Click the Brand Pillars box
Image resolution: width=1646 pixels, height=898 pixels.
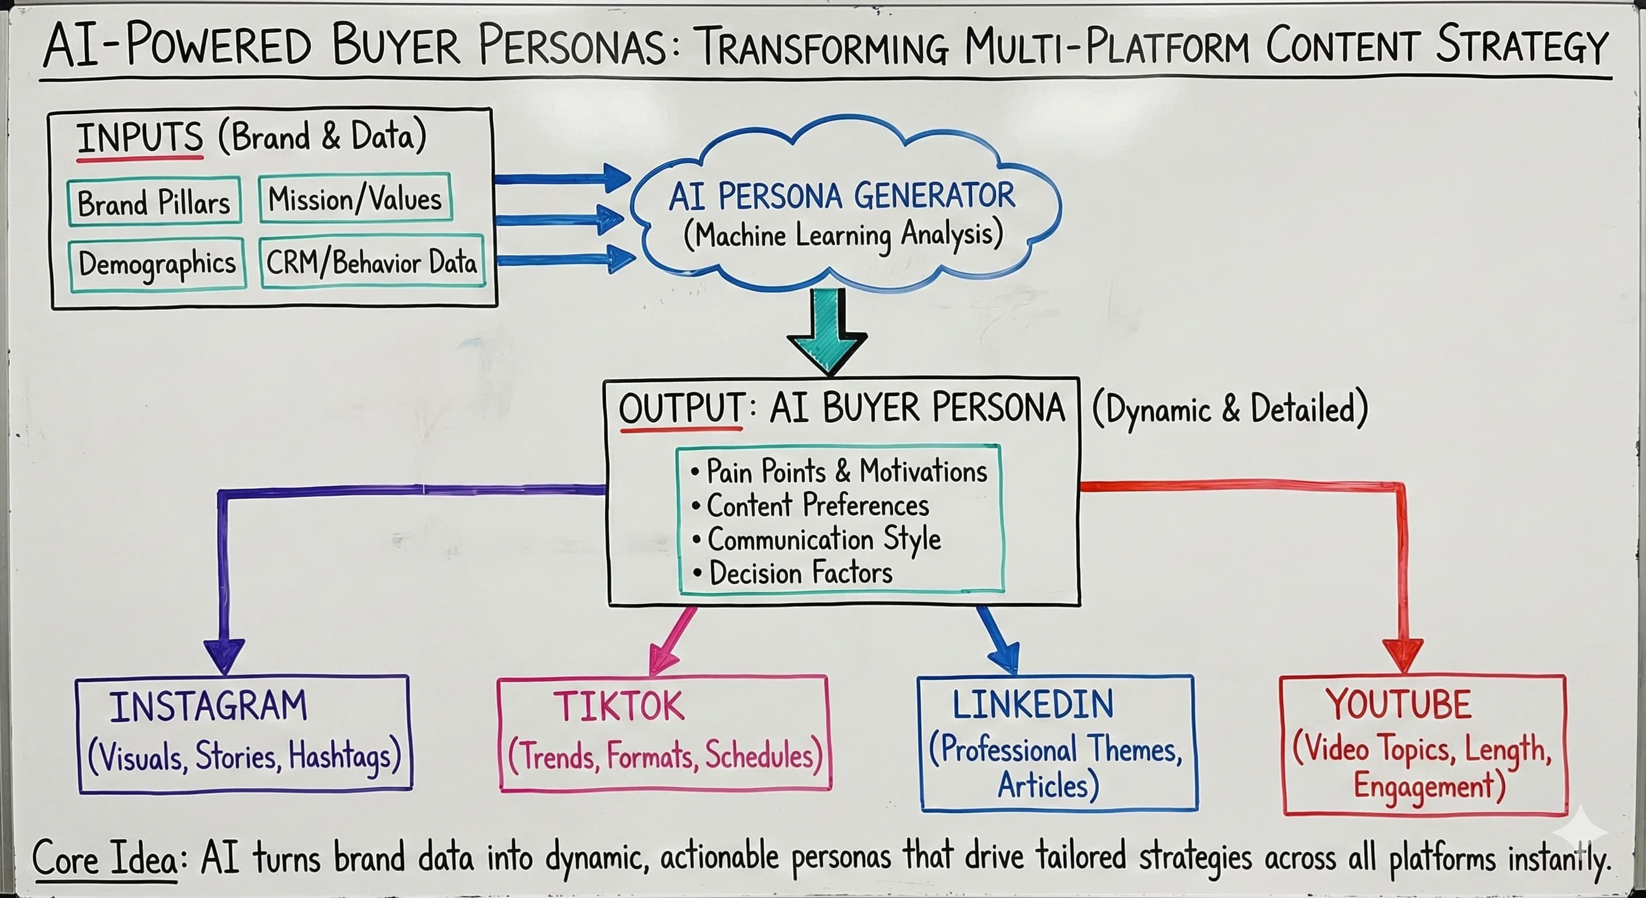[154, 202]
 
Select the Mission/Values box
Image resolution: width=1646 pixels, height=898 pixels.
[355, 198]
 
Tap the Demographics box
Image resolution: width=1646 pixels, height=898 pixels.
[157, 264]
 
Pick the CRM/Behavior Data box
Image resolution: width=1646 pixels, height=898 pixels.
[372, 263]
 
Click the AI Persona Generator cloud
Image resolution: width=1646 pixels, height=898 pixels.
[842, 214]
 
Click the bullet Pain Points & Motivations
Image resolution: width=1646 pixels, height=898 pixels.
[839, 472]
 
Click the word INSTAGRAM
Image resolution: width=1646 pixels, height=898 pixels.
[208, 706]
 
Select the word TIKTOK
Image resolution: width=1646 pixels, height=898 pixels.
[618, 706]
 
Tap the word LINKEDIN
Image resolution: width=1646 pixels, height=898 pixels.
[1033, 704]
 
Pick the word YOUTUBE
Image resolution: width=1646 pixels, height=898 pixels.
[1399, 704]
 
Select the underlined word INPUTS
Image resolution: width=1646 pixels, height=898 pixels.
[139, 137]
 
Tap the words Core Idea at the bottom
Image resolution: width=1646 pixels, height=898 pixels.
[105, 858]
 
